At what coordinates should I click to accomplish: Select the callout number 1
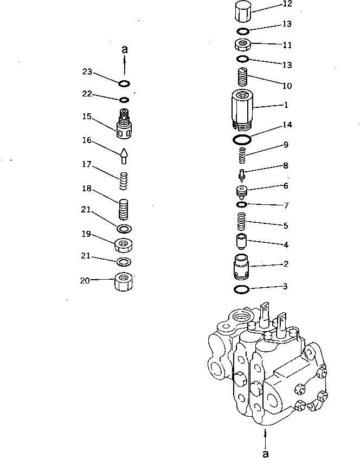pos(286,105)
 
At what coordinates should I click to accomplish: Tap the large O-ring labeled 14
pos(242,140)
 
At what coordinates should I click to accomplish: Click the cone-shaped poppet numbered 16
pos(124,156)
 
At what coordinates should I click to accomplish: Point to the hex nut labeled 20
pos(124,282)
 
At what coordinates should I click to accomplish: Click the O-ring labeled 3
pos(242,290)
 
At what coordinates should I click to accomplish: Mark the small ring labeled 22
pos(124,100)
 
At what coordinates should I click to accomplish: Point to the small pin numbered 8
pos(243,175)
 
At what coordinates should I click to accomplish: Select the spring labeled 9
pos(243,157)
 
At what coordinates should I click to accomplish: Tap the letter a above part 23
pos(125,49)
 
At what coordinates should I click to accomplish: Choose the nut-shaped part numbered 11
pos(243,44)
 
